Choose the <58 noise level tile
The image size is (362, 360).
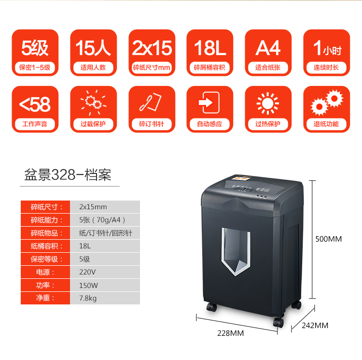click(35, 109)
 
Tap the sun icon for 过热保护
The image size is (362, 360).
click(268, 103)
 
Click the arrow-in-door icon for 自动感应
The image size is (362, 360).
click(210, 103)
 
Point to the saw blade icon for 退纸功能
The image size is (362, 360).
click(326, 103)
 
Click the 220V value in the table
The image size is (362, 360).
click(87, 272)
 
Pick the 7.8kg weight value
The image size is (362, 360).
click(88, 298)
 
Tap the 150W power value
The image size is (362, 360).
click(88, 285)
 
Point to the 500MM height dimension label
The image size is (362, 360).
click(328, 239)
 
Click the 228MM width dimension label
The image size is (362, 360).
click(230, 333)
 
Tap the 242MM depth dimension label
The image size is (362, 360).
click(315, 325)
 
